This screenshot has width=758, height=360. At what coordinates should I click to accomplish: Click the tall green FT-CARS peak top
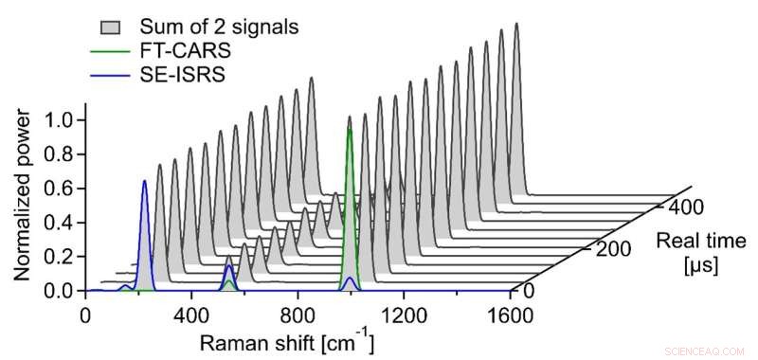coord(351,130)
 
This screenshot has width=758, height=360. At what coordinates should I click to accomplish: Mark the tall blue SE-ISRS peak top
coord(144,181)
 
